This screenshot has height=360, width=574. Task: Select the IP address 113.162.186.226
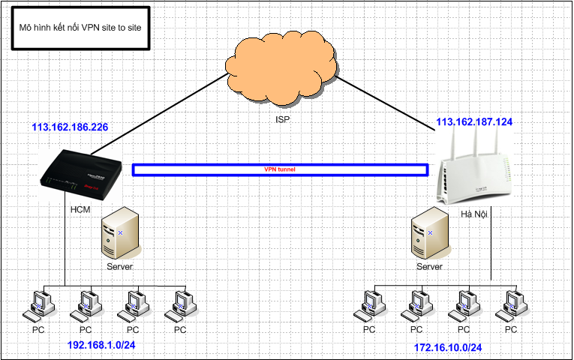tap(70, 127)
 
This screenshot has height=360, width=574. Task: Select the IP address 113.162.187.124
tap(474, 121)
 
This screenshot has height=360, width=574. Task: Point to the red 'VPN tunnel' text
tap(280, 170)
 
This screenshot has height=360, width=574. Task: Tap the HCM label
tap(80, 209)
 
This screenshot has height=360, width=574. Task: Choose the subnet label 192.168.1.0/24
tap(103, 346)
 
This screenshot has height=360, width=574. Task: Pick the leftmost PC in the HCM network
tap(38, 304)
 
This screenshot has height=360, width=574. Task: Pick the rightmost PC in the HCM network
tap(180, 304)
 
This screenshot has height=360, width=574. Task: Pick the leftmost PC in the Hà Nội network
tap(369, 304)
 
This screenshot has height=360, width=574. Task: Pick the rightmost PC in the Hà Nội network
tap(511, 304)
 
